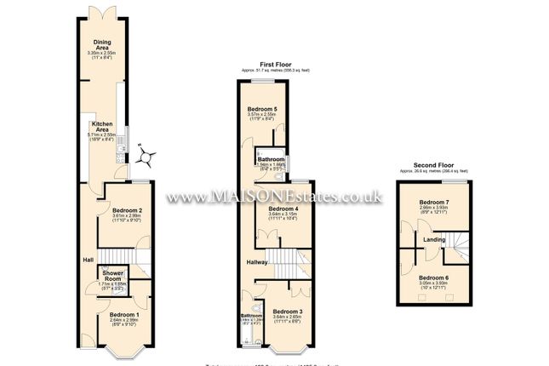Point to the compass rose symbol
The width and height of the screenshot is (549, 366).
coord(147,156)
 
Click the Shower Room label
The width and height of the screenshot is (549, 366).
coord(112,275)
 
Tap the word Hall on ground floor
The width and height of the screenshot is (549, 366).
coord(87,260)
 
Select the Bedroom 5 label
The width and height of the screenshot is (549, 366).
coord(262,110)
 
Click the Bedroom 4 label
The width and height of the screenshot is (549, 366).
coord(283,209)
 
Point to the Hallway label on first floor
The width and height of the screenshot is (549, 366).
coord(258,261)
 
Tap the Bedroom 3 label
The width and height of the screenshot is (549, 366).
coord(288,312)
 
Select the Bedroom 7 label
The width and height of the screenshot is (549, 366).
coord(434,202)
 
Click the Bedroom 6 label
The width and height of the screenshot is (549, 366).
coord(434,277)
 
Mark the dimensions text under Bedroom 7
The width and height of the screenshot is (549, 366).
coord(434,209)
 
